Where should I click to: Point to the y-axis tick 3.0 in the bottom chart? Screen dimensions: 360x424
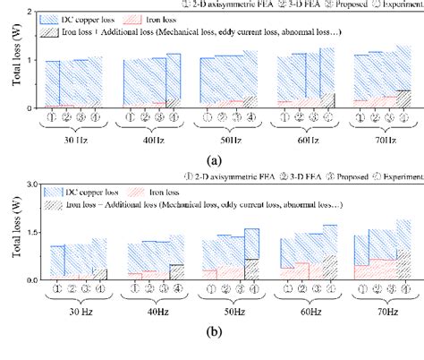(30, 184)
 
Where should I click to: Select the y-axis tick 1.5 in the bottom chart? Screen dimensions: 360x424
(30, 232)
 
